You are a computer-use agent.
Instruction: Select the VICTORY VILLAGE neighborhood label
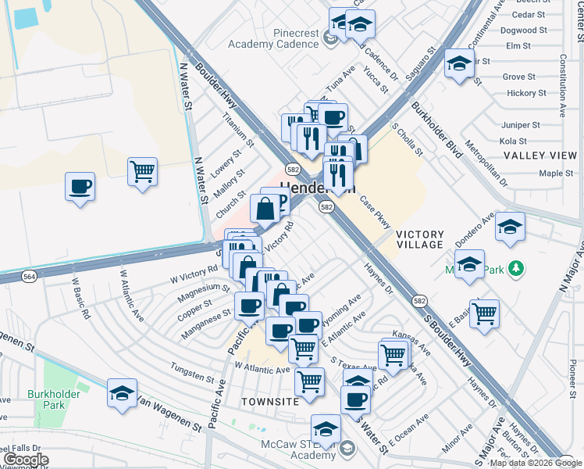(x=420, y=239)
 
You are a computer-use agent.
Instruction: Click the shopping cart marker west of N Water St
(x=142, y=171)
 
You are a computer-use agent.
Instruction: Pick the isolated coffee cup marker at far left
(x=80, y=187)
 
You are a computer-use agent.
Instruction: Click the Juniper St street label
(x=520, y=125)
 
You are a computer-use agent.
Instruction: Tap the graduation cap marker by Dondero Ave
(x=510, y=227)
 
